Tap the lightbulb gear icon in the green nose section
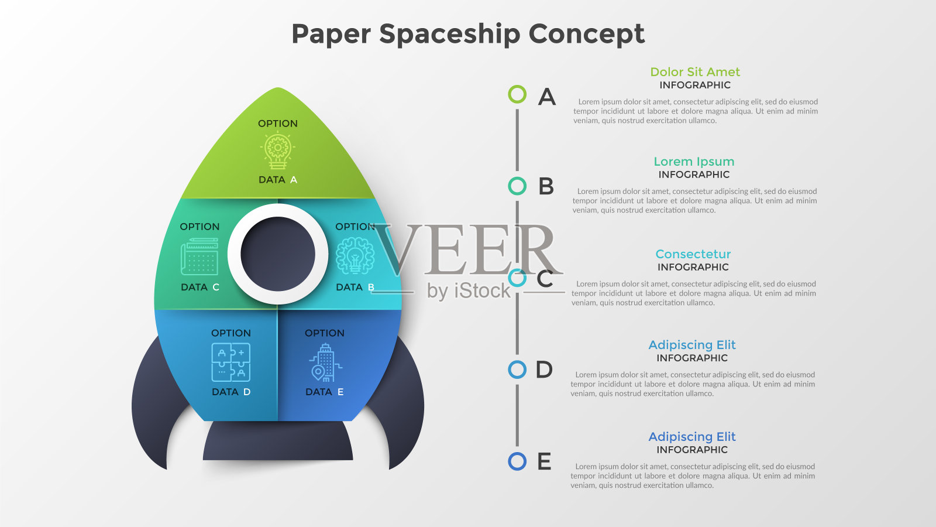pos(277,151)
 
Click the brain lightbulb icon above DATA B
pos(355,256)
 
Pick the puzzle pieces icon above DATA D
pos(231,362)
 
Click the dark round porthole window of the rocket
pos(278,254)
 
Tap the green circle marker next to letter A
pos(517,94)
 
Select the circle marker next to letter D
pos(517,369)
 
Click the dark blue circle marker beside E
pos(517,461)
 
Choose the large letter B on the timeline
pos(546,187)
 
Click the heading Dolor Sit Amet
pos(695,72)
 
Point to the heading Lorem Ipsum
pos(694,162)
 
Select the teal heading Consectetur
pos(693,254)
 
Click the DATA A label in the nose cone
pos(278,180)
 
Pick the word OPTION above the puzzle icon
pos(231,333)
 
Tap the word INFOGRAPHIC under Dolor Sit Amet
pos(695,85)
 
